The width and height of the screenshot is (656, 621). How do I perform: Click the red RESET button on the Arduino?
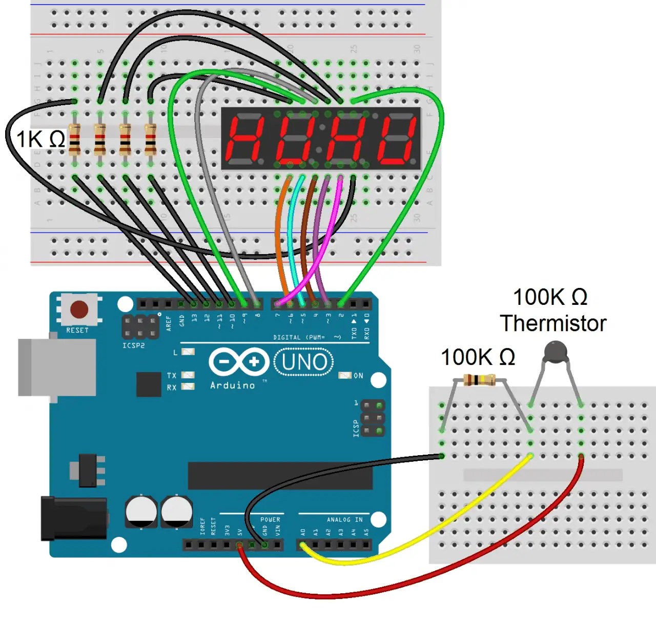pyautogui.click(x=78, y=309)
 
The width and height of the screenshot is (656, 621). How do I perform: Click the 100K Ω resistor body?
pyautogui.click(x=479, y=380)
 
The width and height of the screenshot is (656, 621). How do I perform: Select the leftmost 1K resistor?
pyautogui.click(x=74, y=139)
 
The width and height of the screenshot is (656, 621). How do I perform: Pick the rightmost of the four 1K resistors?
pyautogui.click(x=150, y=139)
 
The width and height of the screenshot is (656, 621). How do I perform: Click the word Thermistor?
pyautogui.click(x=552, y=323)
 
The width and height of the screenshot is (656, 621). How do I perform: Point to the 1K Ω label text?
pyautogui.click(x=41, y=139)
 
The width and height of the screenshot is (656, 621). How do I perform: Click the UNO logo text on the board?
pyautogui.click(x=304, y=362)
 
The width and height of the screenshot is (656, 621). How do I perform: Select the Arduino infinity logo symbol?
pyautogui.click(x=239, y=362)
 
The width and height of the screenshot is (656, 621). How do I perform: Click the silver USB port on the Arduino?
pyautogui.click(x=56, y=367)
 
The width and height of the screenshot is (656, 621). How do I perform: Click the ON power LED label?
pyautogui.click(x=358, y=376)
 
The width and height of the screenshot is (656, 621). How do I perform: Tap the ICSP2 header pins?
pyautogui.click(x=139, y=327)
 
